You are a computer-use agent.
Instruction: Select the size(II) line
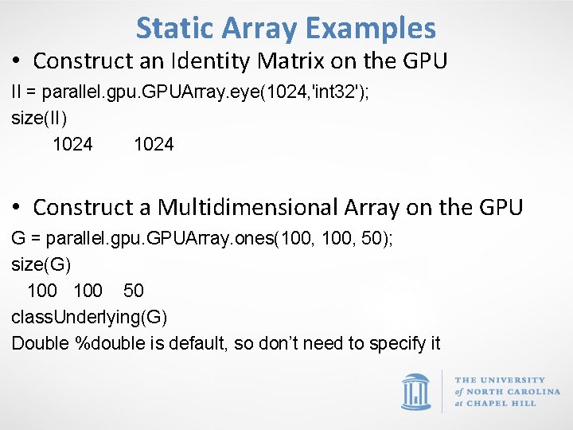(40, 118)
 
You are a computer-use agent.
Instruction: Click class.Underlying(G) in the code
(89, 317)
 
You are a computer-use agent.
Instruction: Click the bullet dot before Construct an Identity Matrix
(17, 61)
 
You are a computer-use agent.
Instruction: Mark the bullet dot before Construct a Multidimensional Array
(17, 208)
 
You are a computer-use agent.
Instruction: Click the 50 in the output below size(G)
(133, 291)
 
